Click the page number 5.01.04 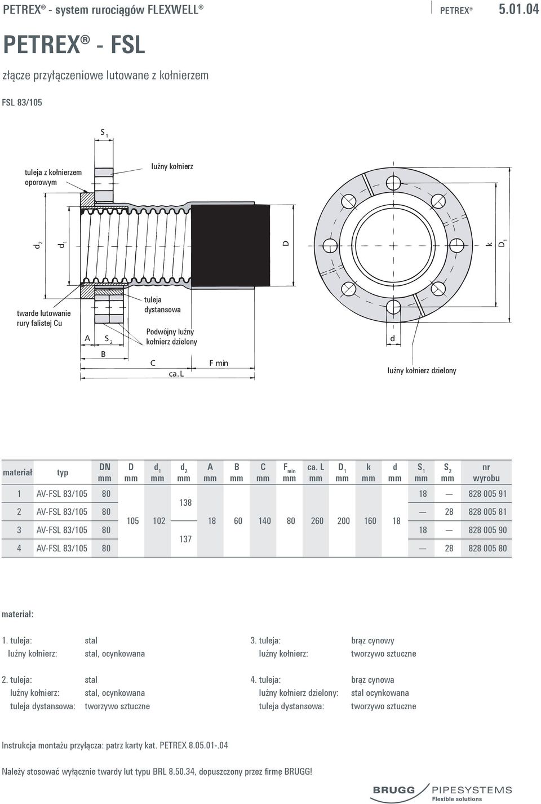[519, 10]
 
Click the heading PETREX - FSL [74, 45]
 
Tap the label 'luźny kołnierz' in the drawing [172, 166]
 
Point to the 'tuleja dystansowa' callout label [162, 304]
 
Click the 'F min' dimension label [219, 363]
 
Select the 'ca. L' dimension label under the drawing [176, 374]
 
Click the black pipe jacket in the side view [230, 245]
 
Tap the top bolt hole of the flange [393, 183]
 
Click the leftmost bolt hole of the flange [330, 245]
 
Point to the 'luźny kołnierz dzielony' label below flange [422, 370]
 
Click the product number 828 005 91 [487, 494]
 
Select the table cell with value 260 [317, 521]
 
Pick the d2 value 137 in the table [185, 539]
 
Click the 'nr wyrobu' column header [486, 472]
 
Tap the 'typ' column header [63, 472]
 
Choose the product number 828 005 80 [487, 548]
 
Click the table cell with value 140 [264, 521]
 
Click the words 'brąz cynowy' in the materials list [373, 640]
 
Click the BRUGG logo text [394, 790]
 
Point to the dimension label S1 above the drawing [104, 133]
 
